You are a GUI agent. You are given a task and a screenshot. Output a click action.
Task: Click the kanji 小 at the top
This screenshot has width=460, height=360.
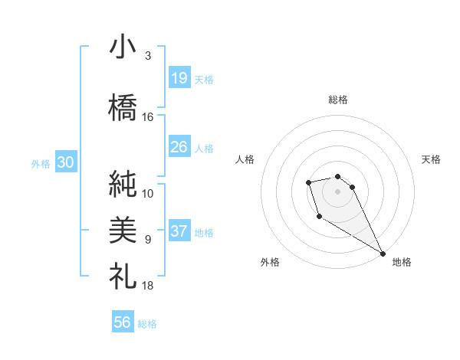(x=123, y=47)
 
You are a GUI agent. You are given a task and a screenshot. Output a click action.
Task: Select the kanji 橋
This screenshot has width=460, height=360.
(x=123, y=108)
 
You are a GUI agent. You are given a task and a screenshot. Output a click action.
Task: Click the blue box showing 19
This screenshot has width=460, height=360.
(x=179, y=78)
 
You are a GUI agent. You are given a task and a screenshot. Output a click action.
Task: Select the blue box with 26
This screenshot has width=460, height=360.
(x=179, y=146)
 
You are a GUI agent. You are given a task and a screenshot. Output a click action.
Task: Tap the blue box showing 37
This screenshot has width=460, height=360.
(x=179, y=231)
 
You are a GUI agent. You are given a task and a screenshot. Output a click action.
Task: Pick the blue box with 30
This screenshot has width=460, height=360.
(x=65, y=162)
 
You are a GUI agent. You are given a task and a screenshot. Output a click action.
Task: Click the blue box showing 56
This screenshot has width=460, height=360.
(x=123, y=322)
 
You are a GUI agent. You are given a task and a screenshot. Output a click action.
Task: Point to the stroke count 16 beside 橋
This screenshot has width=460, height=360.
(x=148, y=117)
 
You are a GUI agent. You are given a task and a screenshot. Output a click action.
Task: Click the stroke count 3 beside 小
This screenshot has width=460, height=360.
(x=148, y=56)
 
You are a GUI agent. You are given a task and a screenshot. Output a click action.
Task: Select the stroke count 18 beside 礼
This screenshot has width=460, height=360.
(x=148, y=286)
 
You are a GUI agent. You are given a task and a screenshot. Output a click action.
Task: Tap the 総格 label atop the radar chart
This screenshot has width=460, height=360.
(x=338, y=100)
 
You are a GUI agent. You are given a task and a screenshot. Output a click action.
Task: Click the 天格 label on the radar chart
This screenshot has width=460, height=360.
(x=431, y=159)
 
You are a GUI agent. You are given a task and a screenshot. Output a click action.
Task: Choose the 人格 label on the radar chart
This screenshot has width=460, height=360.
(x=245, y=159)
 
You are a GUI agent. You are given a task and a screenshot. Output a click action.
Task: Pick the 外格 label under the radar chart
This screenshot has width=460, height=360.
(x=270, y=262)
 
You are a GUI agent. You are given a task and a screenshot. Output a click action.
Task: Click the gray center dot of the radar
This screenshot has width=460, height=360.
(x=338, y=191)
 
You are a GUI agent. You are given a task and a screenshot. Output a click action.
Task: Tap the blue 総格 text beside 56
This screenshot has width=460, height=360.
(x=148, y=324)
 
